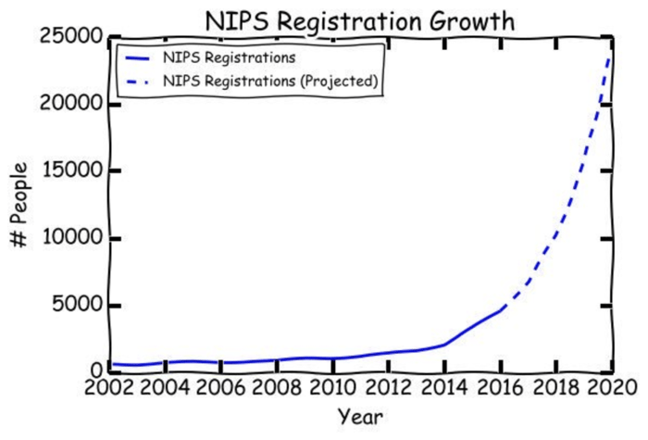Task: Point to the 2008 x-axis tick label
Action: (277, 386)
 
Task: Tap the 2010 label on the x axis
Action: (332, 386)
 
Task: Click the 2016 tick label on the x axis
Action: (500, 386)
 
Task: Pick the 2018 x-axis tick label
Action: (555, 386)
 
